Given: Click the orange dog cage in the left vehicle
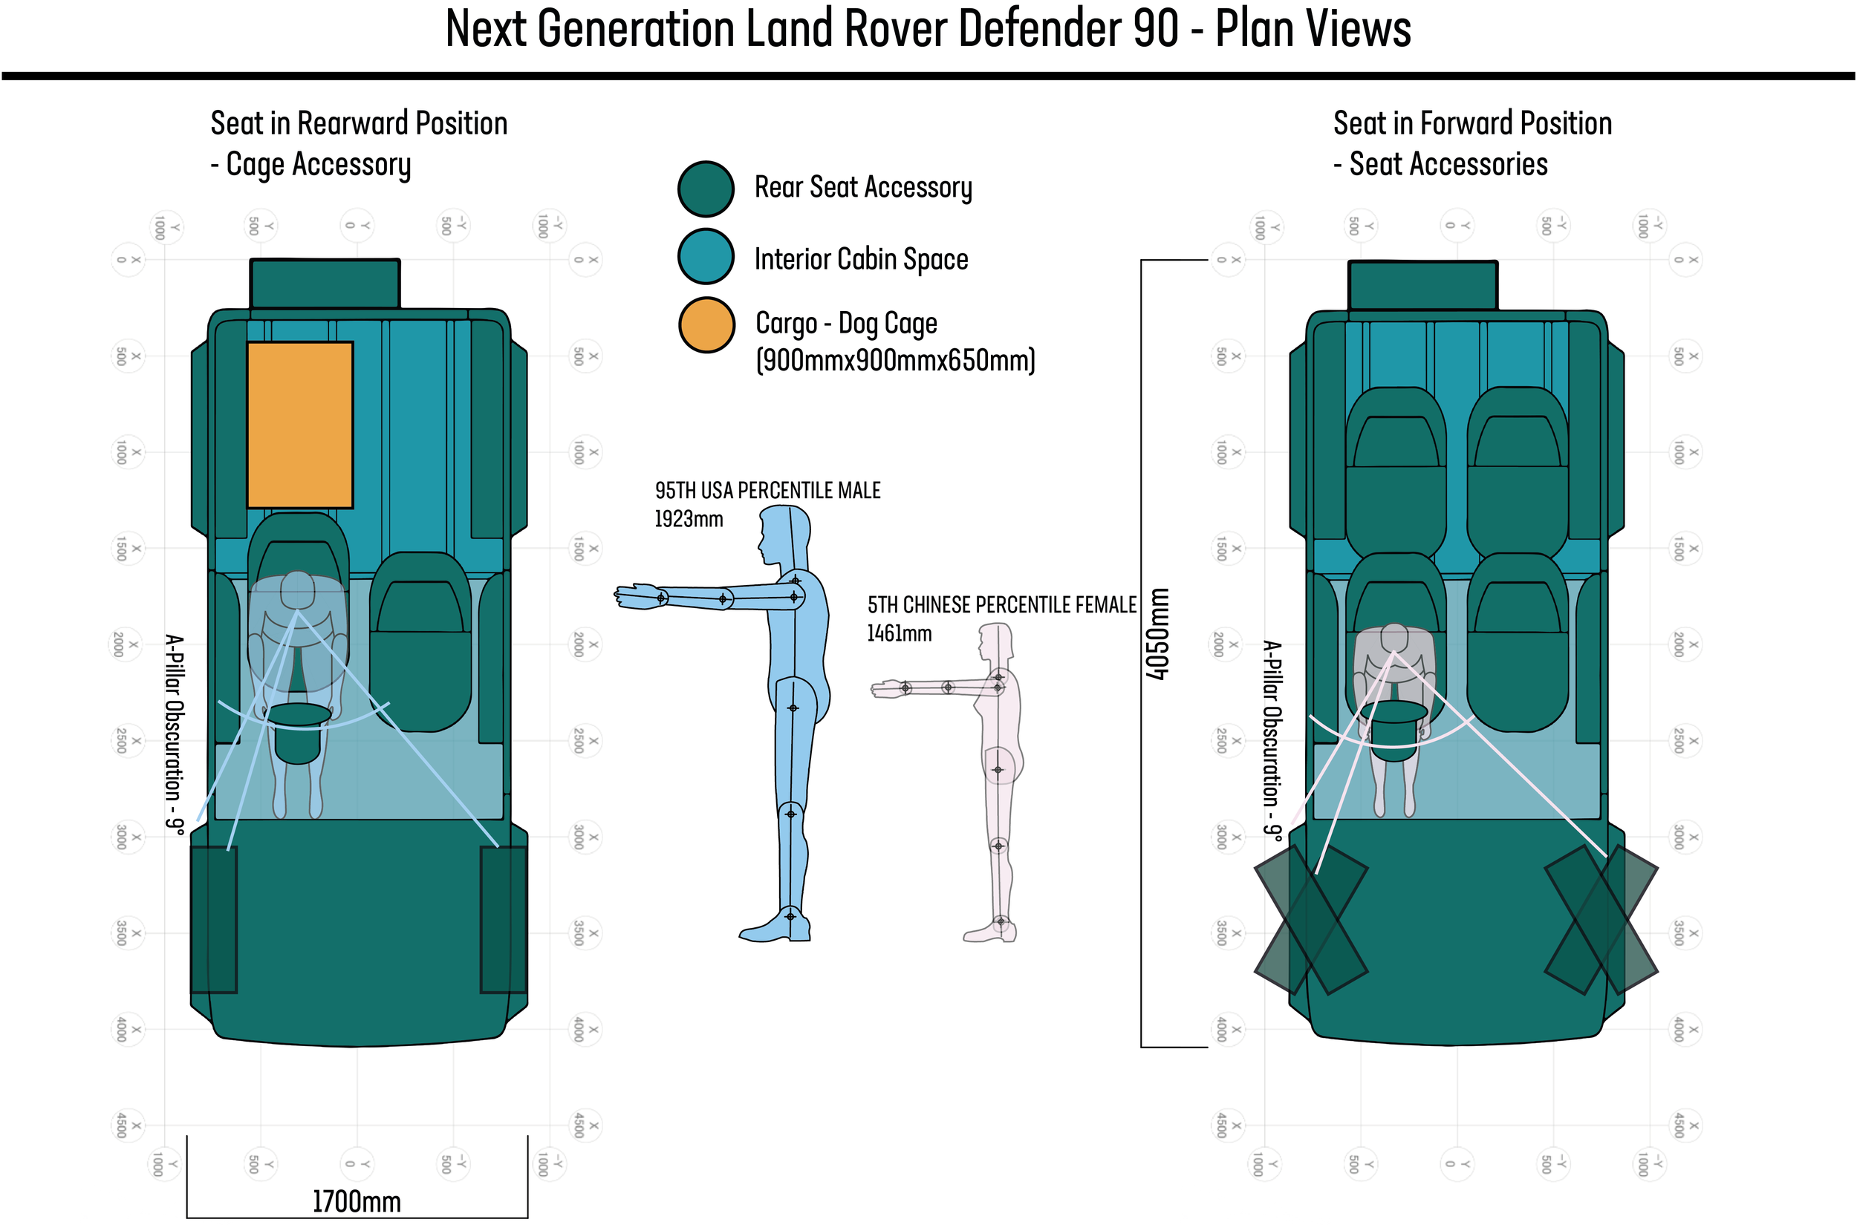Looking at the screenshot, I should click(299, 424).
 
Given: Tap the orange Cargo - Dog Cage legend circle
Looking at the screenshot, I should click(706, 325).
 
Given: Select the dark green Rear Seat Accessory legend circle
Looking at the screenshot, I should click(706, 189).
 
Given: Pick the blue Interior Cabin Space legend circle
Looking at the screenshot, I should click(706, 256).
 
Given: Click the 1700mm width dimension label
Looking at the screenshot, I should click(357, 1201).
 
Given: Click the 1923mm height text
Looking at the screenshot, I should click(689, 519).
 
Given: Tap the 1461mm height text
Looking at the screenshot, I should click(899, 633).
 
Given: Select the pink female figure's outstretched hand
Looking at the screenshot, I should click(886, 689).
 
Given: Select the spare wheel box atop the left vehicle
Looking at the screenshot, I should click(325, 284).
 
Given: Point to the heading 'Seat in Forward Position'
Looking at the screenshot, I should click(1472, 123).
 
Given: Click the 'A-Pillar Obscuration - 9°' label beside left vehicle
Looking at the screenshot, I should click(175, 734).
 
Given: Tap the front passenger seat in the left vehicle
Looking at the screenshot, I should click(420, 641).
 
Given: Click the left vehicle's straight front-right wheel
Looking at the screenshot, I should click(504, 920).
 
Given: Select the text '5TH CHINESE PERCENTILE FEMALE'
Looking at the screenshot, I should click(1001, 604).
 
